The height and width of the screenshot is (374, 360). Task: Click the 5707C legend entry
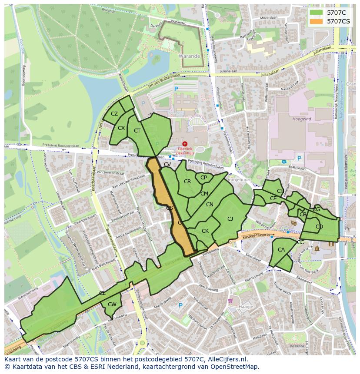(x=334, y=13)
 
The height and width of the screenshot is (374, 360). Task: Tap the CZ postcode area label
(x=114, y=114)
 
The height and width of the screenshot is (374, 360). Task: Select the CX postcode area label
(x=121, y=128)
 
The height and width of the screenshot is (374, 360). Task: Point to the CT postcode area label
(x=137, y=131)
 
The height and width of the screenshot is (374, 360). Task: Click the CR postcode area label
(x=187, y=182)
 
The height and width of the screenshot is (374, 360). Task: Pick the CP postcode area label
(x=203, y=178)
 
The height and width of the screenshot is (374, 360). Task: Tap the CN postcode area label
(x=210, y=205)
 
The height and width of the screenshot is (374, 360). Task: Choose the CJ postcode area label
(x=230, y=218)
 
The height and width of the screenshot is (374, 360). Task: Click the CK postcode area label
(x=205, y=231)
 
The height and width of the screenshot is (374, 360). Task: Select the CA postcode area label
(x=281, y=250)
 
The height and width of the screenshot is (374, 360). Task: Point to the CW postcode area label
(x=112, y=304)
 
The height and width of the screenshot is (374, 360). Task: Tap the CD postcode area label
(x=319, y=227)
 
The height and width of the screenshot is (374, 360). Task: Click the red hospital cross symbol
(x=185, y=143)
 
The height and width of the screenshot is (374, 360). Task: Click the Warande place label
(x=189, y=56)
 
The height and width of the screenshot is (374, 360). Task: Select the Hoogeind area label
(x=301, y=119)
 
